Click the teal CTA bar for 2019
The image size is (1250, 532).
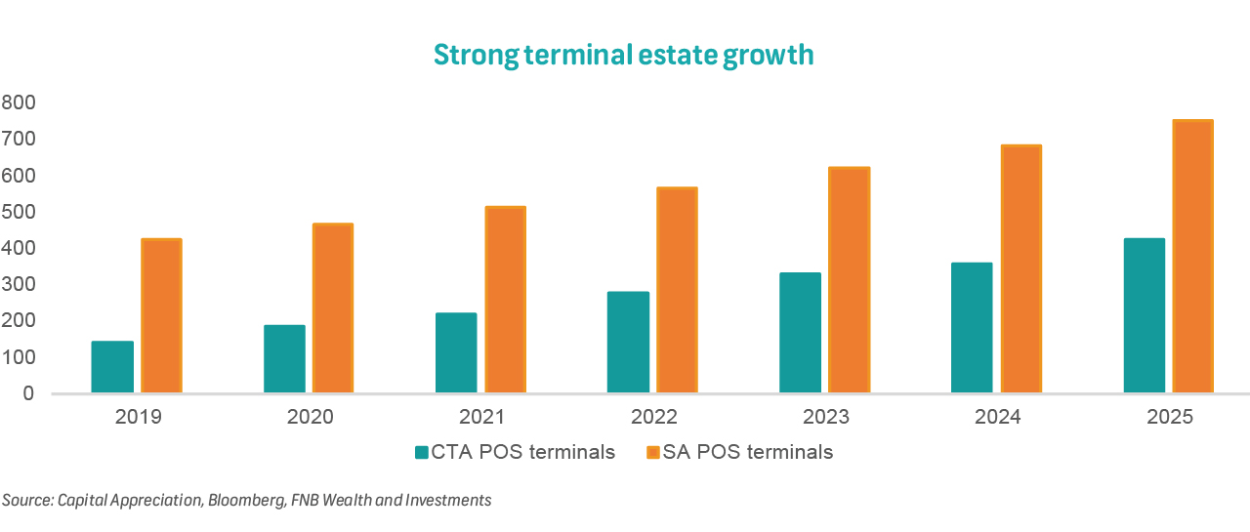click(x=112, y=367)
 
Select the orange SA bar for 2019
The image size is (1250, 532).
click(x=162, y=316)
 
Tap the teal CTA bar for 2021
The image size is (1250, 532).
click(x=456, y=353)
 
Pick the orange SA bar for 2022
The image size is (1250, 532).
click(x=677, y=290)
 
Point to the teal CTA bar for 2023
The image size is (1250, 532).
click(x=800, y=333)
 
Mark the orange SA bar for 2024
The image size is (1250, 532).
click(x=1021, y=269)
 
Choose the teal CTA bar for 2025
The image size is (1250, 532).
click(x=1144, y=315)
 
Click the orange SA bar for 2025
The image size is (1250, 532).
click(x=1192, y=257)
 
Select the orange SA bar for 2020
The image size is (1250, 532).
click(x=333, y=308)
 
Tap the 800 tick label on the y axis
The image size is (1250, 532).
click(x=19, y=102)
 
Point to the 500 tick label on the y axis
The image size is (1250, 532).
click(x=19, y=212)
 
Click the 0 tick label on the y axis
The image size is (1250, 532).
click(x=28, y=393)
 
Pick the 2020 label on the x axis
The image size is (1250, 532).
click(x=310, y=418)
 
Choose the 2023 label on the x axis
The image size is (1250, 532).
click(x=825, y=418)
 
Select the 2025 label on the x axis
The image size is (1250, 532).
click(x=1169, y=418)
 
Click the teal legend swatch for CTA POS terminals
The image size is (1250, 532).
click(x=422, y=452)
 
